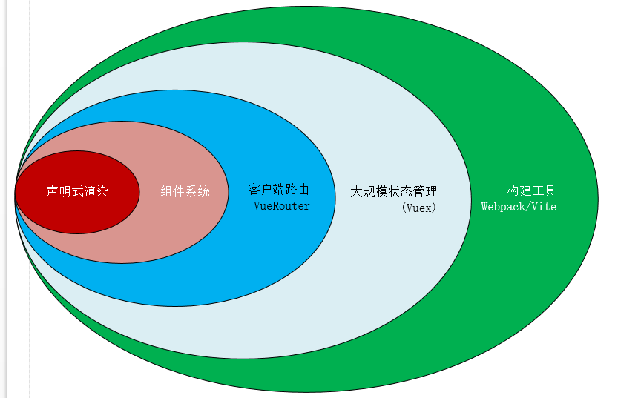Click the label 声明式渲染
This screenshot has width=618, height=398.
click(x=77, y=191)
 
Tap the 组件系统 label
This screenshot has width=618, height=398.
click(x=185, y=191)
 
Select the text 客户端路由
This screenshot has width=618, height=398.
click(x=278, y=190)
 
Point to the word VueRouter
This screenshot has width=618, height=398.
click(x=282, y=205)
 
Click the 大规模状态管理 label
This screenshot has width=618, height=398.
click(x=393, y=191)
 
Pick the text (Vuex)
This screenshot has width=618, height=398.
click(x=419, y=208)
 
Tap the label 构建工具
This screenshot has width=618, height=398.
click(x=531, y=190)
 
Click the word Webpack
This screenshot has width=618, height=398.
click(x=502, y=207)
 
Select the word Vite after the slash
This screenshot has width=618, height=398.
click(x=543, y=207)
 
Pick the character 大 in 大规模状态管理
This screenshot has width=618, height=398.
click(x=356, y=191)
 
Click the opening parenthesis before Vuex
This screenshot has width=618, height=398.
click(x=404, y=208)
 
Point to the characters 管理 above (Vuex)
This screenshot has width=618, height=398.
click(x=424, y=191)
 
